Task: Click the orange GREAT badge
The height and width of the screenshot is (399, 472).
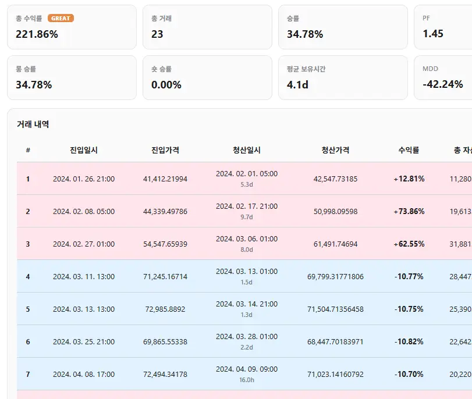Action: [61, 19]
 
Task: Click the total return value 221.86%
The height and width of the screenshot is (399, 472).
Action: [37, 34]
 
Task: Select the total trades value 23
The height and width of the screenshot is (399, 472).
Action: [157, 34]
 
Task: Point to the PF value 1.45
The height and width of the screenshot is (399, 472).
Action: [433, 33]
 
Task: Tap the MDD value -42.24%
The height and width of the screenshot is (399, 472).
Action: [442, 84]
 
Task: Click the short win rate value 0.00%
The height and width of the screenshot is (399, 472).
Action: [166, 84]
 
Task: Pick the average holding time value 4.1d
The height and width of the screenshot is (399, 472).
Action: [297, 84]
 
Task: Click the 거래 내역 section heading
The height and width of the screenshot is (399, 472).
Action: [33, 124]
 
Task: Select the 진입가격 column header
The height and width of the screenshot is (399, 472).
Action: [165, 150]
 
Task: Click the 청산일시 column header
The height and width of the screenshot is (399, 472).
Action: [247, 150]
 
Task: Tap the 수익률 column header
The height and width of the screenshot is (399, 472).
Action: [409, 150]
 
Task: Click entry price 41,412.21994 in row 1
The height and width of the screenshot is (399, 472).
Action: [165, 179]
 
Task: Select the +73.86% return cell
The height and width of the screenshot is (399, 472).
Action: [409, 211]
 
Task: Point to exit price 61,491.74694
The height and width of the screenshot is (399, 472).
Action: [335, 244]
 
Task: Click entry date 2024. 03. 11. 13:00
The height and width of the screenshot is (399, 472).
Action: [84, 276]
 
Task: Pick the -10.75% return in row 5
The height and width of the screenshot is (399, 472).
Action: [409, 309]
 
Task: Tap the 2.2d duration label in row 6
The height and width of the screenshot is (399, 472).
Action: [247, 347]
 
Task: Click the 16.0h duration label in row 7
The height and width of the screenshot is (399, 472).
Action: [247, 380]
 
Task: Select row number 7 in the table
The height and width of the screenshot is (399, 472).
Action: [28, 374]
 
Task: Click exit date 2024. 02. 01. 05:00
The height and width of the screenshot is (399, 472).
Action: [247, 174]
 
